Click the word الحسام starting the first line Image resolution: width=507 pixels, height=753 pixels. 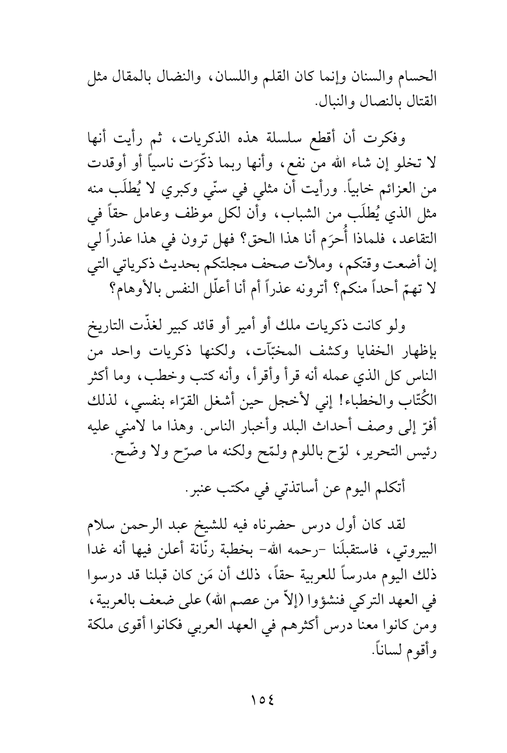pos(417,76)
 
